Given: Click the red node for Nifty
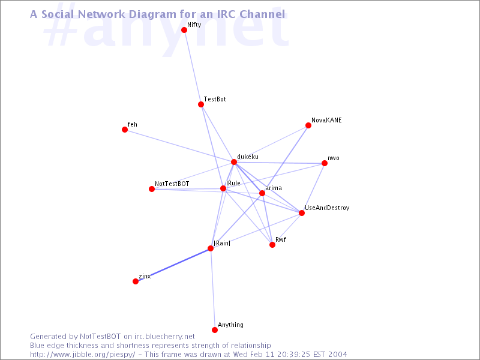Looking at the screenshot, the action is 184,29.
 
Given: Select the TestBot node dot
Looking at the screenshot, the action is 201,104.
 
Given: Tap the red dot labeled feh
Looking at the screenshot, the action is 125,130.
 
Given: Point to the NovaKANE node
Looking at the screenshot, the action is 308,125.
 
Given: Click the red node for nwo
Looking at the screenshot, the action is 325,163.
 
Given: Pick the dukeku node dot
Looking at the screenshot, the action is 234,162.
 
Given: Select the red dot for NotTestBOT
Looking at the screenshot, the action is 152,189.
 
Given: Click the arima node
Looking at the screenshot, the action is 262,193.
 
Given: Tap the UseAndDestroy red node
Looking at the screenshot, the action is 302,213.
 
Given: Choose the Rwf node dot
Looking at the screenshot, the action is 272,245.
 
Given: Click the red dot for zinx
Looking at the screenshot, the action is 136,281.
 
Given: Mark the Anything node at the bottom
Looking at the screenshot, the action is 215,329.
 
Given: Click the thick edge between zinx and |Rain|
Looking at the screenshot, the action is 173,265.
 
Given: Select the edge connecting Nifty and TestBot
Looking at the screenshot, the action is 192,67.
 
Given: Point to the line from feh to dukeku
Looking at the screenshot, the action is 179,146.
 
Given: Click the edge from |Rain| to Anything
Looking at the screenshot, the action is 212,289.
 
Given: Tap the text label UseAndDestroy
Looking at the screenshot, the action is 327,208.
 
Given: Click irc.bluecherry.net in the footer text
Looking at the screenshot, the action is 164,337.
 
